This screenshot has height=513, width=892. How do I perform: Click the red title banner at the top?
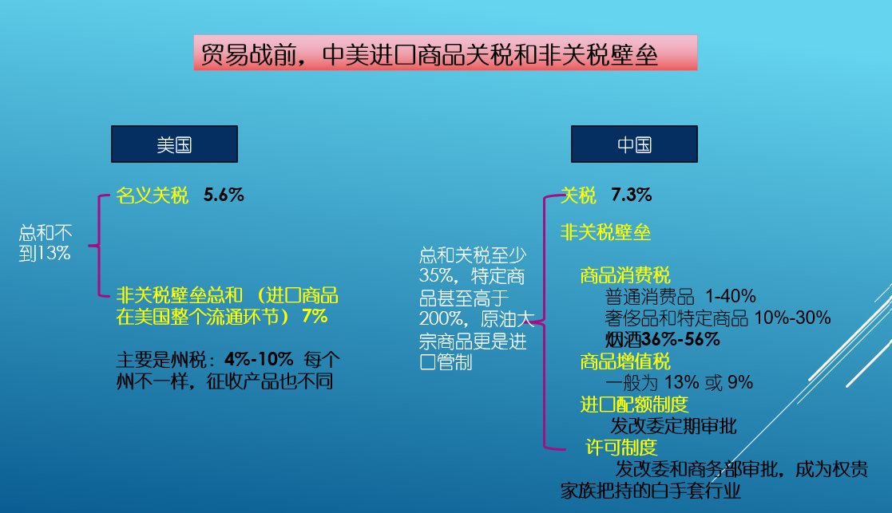445,53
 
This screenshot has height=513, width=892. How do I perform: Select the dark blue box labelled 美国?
174,144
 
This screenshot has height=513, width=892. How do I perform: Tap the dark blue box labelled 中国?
634,144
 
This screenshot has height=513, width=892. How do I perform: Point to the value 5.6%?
224,195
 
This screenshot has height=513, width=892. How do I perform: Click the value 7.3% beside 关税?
632,195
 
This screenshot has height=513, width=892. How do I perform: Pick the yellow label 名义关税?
152,195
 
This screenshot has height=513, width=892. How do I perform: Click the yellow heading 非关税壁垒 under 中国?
605,232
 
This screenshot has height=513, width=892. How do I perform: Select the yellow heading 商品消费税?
625,275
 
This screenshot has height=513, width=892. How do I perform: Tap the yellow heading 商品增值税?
625,361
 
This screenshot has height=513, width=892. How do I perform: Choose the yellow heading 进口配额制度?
634,404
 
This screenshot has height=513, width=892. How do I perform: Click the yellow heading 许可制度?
621,448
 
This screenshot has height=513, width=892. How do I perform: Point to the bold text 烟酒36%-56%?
663,340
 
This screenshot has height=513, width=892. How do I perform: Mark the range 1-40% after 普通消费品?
731,296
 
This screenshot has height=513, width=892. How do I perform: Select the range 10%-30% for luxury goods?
792,318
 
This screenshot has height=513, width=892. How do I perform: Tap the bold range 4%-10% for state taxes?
259,359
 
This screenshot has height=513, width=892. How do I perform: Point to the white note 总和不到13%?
46,243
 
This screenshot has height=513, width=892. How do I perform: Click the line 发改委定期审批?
673,426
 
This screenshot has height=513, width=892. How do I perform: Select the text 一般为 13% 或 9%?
680,382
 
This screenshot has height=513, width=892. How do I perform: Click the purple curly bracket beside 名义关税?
99,246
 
